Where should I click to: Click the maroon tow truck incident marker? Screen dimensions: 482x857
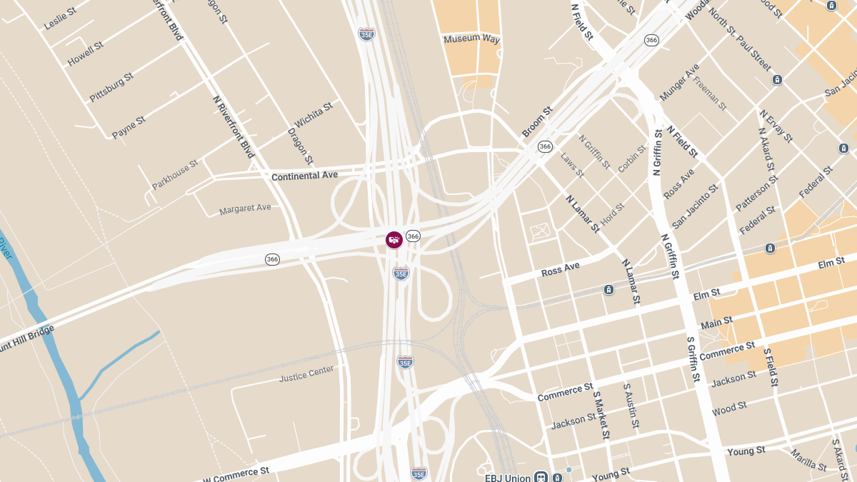click(394, 240)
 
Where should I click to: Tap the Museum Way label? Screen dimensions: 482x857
click(471, 39)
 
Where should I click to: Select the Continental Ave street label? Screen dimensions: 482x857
click(304, 176)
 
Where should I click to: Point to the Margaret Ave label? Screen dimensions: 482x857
click(245, 209)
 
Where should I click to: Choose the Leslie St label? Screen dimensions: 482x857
click(60, 21)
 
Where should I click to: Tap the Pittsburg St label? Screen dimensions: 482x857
click(111, 87)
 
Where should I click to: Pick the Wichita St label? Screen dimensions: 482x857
click(314, 114)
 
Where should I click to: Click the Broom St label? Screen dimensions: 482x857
click(538, 122)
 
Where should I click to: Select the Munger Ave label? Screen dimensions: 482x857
click(679, 82)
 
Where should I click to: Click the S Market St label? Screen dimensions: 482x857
click(601, 420)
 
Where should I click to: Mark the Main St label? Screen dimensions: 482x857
click(716, 323)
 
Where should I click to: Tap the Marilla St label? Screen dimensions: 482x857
click(808, 460)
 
